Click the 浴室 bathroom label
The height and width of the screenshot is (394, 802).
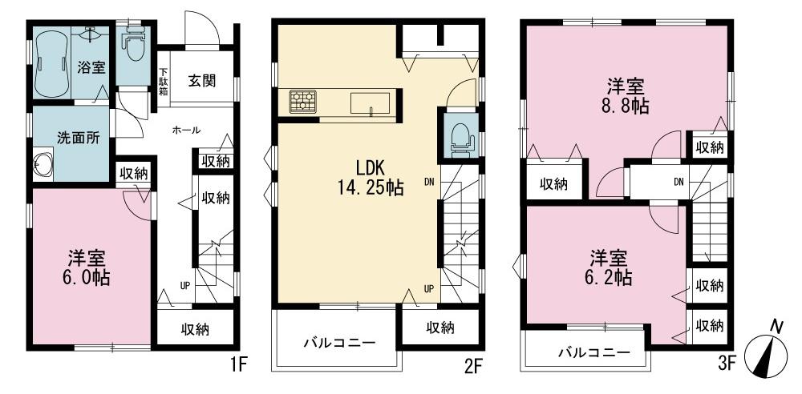pyautogui.click(x=91, y=67)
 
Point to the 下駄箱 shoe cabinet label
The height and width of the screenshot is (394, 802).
pyautogui.click(x=163, y=82)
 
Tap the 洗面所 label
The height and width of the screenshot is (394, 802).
pyautogui.click(x=78, y=137)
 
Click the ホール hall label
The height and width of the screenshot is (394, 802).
pyautogui.click(x=186, y=131)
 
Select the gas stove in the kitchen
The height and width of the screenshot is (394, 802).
pyautogui.click(x=302, y=102)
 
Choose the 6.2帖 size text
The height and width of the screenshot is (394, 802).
pyautogui.click(x=610, y=278)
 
